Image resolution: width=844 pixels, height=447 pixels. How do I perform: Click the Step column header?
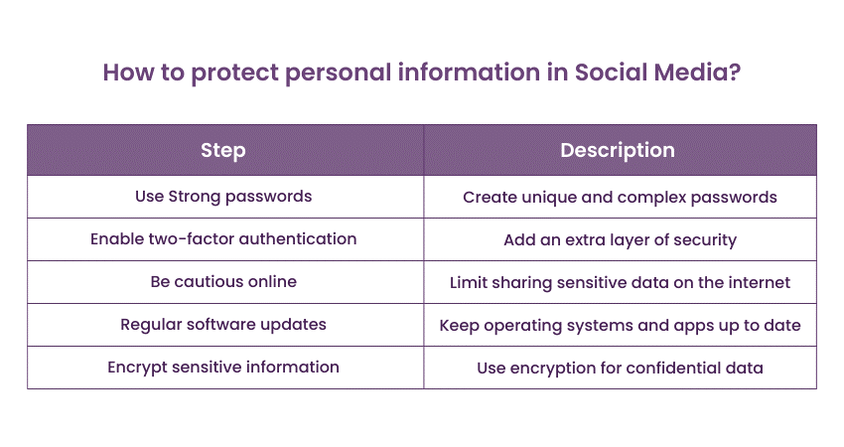point(223,151)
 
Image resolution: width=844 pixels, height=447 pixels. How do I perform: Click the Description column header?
point(618,151)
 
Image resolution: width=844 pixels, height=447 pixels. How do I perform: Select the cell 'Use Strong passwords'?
point(223,197)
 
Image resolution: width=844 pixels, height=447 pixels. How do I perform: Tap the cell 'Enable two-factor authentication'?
point(223,239)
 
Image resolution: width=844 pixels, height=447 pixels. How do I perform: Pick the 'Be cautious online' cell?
point(223,282)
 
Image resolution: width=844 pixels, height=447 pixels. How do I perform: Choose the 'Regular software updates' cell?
point(223,325)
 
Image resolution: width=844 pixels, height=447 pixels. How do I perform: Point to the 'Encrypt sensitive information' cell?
point(223,368)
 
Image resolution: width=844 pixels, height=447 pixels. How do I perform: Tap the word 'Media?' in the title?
point(701,74)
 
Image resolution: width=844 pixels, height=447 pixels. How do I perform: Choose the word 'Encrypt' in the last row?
point(137,368)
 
